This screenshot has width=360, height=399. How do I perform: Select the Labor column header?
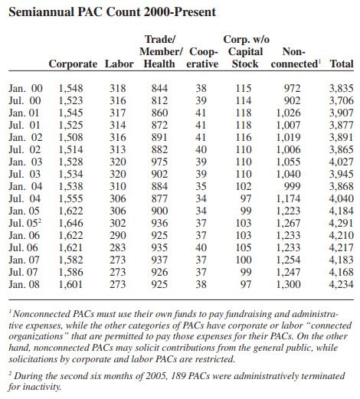click(x=119, y=63)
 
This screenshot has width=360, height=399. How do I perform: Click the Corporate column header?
click(x=74, y=63)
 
